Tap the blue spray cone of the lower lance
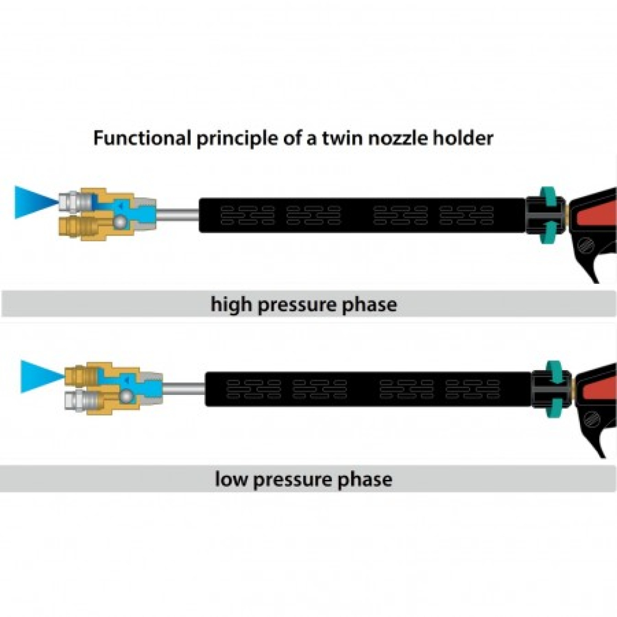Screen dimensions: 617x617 coord(40,375)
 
